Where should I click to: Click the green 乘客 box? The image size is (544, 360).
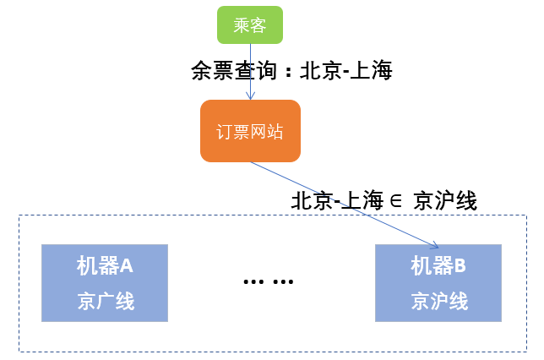click(249, 25)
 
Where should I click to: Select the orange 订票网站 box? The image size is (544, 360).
click(250, 131)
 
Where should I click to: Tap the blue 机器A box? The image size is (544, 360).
click(105, 282)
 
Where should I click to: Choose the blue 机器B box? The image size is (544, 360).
click(438, 282)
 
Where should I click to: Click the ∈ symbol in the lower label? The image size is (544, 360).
click(393, 202)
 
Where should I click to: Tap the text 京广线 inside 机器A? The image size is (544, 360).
click(105, 302)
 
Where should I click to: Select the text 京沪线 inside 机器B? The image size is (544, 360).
click(438, 302)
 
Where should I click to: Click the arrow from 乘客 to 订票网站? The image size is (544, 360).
click(250, 72)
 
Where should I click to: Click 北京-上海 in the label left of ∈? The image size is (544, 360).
click(335, 202)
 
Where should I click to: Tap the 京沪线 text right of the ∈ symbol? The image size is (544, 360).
click(445, 202)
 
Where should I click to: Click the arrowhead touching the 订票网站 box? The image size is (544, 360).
click(250, 96)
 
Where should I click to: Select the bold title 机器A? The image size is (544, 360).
click(105, 266)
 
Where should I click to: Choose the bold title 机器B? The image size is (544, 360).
click(438, 266)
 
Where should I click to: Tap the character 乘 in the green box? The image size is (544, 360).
click(241, 25)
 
